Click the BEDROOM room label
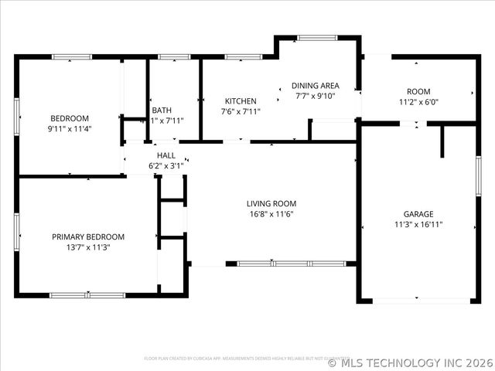coord(70,118)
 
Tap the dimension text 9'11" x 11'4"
coord(70,129)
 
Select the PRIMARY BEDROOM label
coord(88,237)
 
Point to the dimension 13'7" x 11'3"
coord(88,248)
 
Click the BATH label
coord(162,110)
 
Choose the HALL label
coord(166,155)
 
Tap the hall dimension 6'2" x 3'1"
coord(166,165)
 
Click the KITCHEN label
coord(241,101)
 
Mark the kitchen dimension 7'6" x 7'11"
coord(241,111)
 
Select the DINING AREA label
coord(315,86)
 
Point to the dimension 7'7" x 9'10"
coord(315,96)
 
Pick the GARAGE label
coord(418,214)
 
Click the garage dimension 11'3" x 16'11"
coord(418,225)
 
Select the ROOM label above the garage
coord(418,91)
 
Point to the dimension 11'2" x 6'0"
coord(418,101)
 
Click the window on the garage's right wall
coord(478,178)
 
